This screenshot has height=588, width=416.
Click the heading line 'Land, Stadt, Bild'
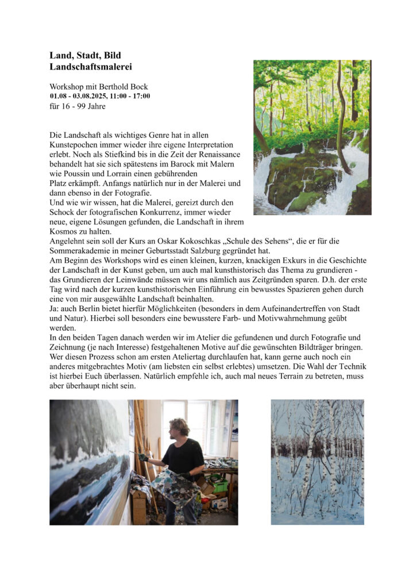click(84, 55)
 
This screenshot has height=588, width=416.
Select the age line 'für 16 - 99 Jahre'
click(78, 106)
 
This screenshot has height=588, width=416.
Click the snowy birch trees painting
click(317, 462)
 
